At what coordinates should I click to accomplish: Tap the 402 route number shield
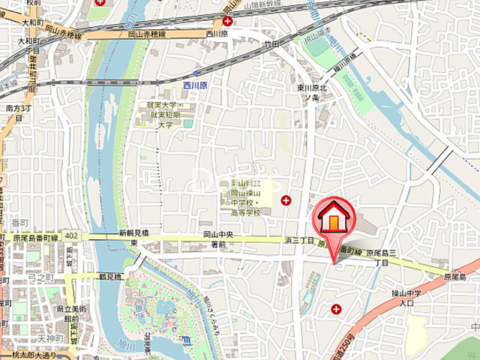pyautogui.click(x=70, y=235)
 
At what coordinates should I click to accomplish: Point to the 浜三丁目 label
pyautogui.click(x=298, y=241)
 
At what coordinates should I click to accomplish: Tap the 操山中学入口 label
pyautogui.click(x=406, y=298)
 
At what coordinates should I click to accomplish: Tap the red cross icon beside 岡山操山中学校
pyautogui.click(x=285, y=199)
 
